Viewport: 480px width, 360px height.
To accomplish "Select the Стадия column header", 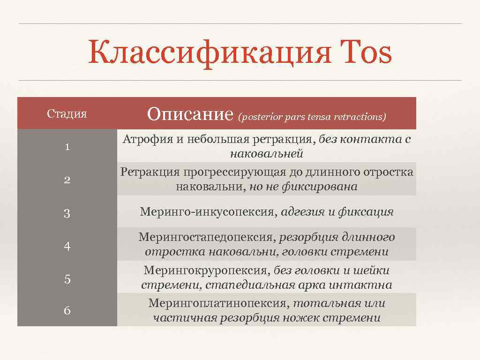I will click(67, 114).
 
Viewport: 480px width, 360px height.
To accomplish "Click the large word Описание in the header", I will click(190, 114).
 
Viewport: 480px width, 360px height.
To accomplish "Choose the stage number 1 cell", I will click(67, 147).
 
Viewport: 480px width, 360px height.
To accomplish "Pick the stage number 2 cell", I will click(67, 180).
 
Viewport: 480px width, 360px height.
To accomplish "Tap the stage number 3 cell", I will click(67, 214).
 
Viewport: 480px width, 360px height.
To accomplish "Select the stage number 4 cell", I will click(67, 247).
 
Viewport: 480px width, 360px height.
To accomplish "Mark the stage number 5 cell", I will click(67, 279).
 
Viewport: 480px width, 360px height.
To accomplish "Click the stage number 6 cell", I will click(67, 310).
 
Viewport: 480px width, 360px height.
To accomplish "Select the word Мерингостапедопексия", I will click(206, 238).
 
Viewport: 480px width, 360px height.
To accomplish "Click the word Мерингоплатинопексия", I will click(218, 303).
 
